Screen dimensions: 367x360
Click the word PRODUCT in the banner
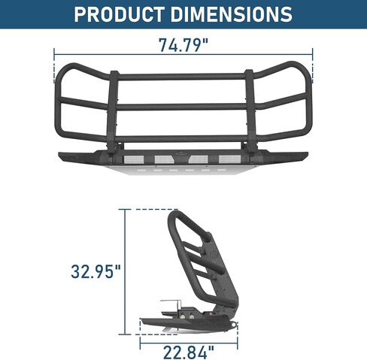[x=120, y=14]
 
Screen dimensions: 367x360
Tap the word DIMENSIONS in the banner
[x=232, y=14]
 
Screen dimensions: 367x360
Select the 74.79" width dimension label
[x=183, y=45]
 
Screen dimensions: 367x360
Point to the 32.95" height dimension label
[x=96, y=271]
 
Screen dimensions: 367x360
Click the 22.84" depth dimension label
[x=189, y=352]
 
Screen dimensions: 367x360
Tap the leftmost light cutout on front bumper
[x=134, y=159]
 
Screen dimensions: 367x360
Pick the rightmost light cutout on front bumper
[x=229, y=159]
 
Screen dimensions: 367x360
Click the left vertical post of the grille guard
[x=114, y=111]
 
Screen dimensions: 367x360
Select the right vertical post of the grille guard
[x=251, y=111]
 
